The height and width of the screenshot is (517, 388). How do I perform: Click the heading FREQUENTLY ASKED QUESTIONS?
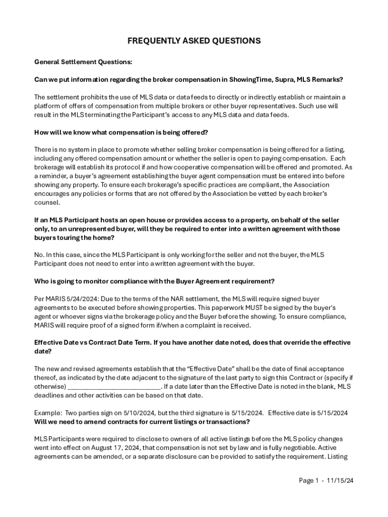(x=194, y=40)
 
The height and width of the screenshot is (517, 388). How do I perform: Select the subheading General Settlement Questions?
(x=83, y=62)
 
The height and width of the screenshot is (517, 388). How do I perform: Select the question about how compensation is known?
(x=121, y=132)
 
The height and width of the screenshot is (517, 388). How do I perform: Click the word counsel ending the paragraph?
(x=47, y=202)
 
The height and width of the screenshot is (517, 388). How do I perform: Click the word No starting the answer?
(x=39, y=255)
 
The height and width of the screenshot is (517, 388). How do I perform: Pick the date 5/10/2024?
(x=119, y=413)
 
